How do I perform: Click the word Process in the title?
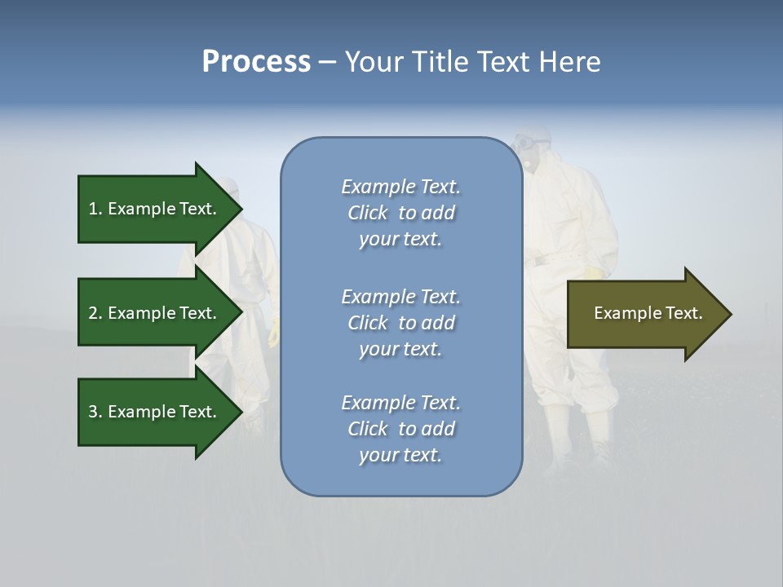[x=256, y=62]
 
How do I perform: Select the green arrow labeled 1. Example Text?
[x=155, y=209]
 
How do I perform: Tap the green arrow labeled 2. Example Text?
[x=155, y=313]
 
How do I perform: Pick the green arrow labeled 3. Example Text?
[x=155, y=412]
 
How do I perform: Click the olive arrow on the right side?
[x=644, y=314]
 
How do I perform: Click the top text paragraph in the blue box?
[x=400, y=213]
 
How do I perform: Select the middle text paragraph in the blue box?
[x=400, y=323]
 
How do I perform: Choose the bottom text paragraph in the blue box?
[x=400, y=429]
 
